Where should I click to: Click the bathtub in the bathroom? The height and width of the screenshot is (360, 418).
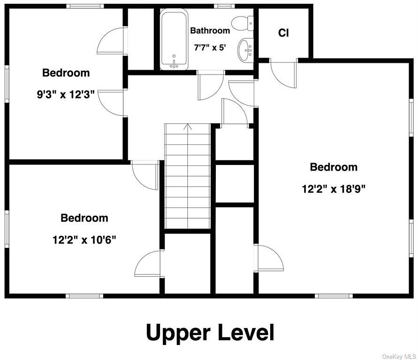point(174,39)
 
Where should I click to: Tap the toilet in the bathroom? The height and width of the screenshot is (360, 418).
point(243,23)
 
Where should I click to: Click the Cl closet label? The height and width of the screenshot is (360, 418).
point(283,33)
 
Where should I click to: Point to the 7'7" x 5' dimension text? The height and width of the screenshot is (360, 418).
point(210,48)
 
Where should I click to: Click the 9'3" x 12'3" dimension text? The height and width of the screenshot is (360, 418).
point(66,94)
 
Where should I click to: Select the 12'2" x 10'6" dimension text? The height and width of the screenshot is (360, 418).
point(84,240)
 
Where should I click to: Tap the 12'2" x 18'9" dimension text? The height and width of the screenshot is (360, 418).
point(334,189)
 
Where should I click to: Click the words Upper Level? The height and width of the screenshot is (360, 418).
point(210,333)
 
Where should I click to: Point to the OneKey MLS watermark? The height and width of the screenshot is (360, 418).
point(399,356)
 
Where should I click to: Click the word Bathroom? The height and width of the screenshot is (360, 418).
point(210,30)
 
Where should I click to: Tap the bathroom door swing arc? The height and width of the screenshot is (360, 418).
point(211,86)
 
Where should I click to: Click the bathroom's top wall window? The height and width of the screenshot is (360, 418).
point(224,6)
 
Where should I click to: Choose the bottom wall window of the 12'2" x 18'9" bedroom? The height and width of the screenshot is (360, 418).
point(334,296)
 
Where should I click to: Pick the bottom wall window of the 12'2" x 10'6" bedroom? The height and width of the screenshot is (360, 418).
point(84,296)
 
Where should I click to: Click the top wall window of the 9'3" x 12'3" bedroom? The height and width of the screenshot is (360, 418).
point(85,6)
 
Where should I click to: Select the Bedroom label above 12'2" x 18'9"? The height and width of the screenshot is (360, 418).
point(334,167)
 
